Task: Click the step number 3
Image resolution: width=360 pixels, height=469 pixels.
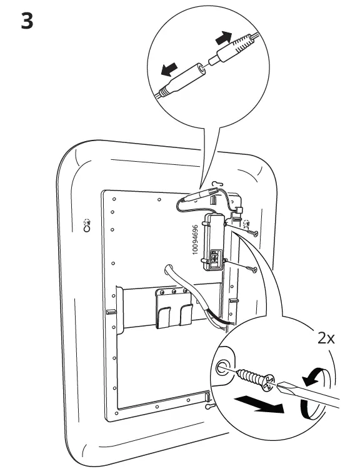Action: (x=27, y=21)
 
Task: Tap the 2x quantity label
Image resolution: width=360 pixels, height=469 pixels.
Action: (x=326, y=338)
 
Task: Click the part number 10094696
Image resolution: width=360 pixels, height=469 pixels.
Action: (x=195, y=240)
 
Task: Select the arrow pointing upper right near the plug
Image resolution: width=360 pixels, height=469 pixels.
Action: (x=224, y=37)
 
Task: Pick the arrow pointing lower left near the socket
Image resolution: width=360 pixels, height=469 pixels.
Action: (x=169, y=69)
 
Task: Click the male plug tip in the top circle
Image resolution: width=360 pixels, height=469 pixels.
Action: (x=212, y=61)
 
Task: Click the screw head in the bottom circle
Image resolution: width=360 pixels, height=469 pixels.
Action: (x=267, y=382)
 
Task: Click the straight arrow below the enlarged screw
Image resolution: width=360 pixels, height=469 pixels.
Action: (x=259, y=403)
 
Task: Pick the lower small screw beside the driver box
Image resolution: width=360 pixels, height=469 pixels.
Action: (x=252, y=269)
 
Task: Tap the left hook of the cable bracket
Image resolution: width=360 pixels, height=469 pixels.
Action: (x=163, y=317)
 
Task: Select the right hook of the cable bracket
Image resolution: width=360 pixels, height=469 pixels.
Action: (x=186, y=314)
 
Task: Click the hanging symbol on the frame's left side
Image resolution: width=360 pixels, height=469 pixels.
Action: (x=87, y=225)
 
